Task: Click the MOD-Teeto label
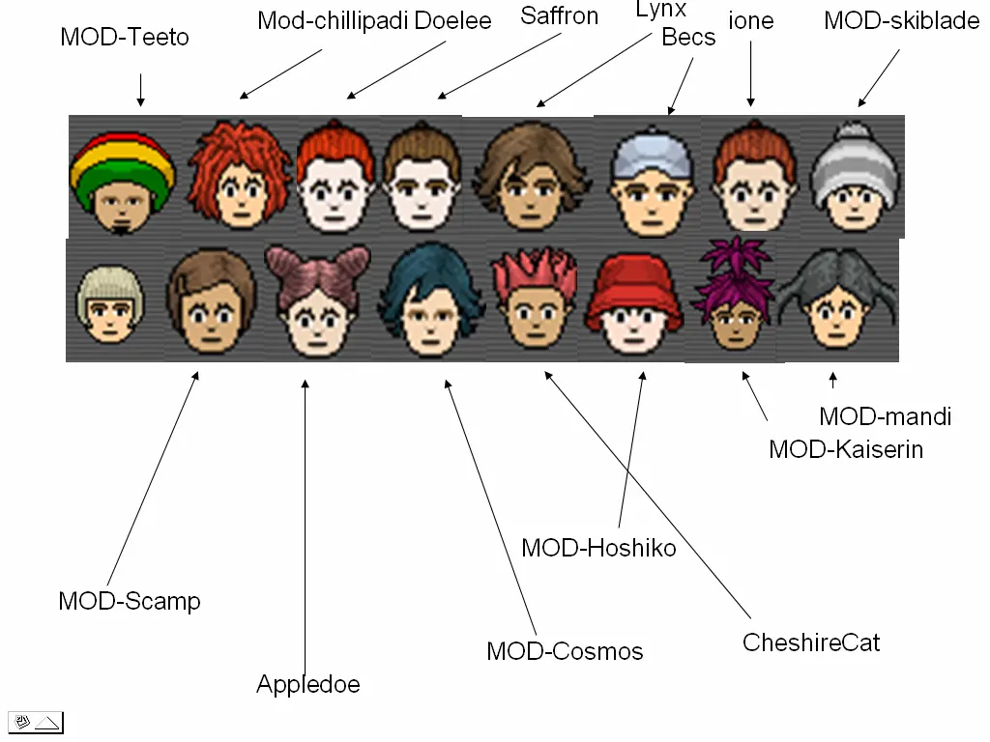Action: [x=125, y=38]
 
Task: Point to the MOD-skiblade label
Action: [x=901, y=20]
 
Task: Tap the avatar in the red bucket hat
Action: [x=635, y=304]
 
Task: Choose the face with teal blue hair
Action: [x=429, y=299]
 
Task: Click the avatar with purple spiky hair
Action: [x=734, y=300]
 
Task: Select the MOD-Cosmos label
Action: [x=565, y=651]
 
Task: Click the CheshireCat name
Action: [x=811, y=642]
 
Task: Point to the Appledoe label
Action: [x=307, y=685]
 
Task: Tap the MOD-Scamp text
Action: [x=130, y=601]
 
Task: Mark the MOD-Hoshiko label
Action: [x=598, y=549]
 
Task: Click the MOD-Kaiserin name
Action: [x=846, y=449]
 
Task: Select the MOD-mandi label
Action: [x=885, y=416]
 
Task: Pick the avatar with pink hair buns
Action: [x=316, y=300]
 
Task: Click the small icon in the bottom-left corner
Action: [x=36, y=722]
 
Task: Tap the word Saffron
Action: [x=559, y=15]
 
